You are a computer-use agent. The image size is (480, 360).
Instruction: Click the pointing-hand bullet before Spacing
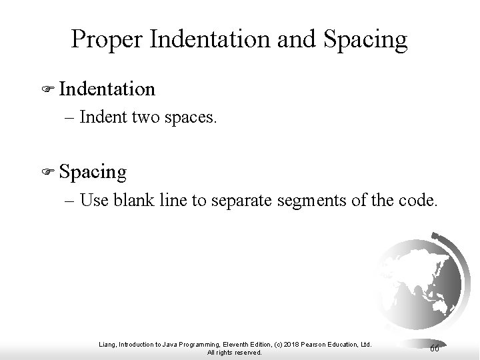coord(46,173)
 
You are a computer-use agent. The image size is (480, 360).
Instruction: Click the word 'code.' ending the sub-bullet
coord(420,201)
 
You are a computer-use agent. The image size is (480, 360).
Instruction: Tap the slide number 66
coord(434,349)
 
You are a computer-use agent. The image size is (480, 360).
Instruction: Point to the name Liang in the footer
coord(106,344)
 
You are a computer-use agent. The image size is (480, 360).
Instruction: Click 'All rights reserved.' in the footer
coord(235,352)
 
